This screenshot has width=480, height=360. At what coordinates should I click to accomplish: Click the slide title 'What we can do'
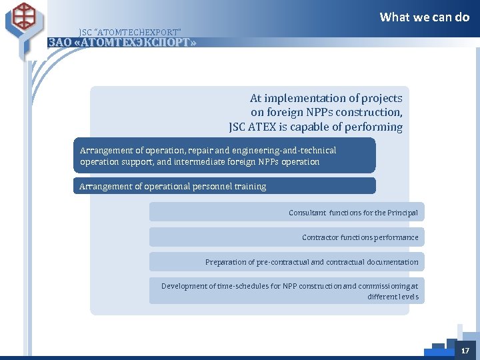[x=424, y=17]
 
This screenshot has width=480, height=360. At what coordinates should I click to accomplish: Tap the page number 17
[x=465, y=350]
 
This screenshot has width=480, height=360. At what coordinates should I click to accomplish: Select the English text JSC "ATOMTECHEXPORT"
[x=129, y=32]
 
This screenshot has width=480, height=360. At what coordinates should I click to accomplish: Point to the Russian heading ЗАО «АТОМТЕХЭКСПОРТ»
[x=123, y=43]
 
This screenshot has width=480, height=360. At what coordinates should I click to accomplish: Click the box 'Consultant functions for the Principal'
[x=287, y=212]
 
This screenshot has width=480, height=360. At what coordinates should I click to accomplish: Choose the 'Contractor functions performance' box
[x=287, y=237]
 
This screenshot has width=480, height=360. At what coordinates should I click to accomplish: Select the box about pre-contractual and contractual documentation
[x=287, y=262]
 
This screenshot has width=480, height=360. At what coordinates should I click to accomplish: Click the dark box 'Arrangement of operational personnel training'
[x=224, y=186]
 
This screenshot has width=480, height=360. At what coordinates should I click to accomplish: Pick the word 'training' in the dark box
[x=250, y=187]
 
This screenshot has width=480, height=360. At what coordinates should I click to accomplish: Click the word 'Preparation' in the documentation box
[x=225, y=262]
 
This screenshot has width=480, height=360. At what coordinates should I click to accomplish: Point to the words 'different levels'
[x=393, y=297]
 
